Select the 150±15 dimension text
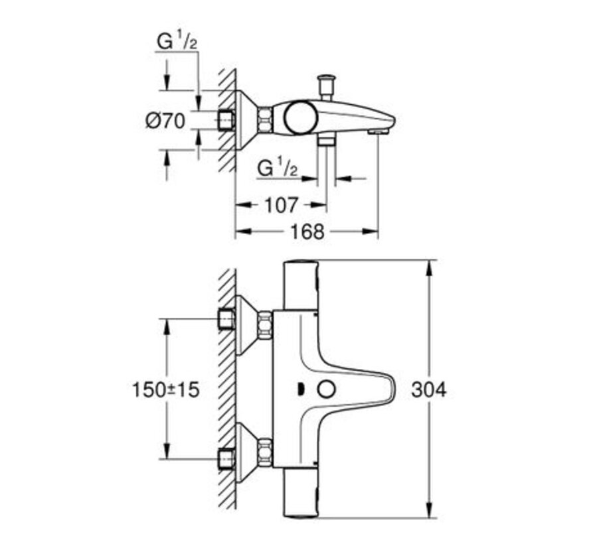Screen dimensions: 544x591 (166, 389)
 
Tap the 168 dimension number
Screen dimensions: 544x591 (307, 231)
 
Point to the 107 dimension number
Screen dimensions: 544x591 (282, 205)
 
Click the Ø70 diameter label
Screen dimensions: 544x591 (166, 121)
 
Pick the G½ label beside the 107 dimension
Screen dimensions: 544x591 (278, 167)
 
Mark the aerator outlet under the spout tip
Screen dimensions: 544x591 (377, 132)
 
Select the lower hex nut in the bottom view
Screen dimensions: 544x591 (266, 454)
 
